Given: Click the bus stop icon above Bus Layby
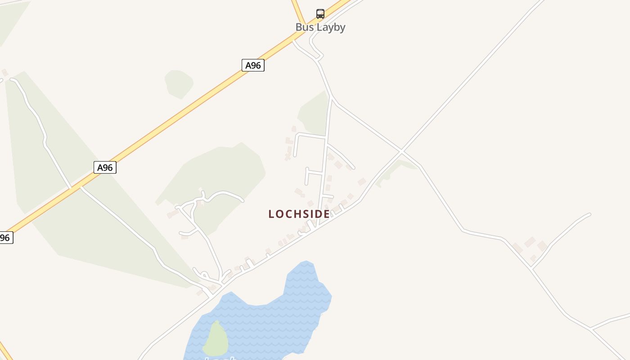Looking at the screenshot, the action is [320, 13].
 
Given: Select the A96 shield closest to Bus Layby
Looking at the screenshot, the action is [253, 65].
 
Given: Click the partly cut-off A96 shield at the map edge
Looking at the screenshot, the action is [5, 238].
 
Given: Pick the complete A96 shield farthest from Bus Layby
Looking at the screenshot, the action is [105, 167].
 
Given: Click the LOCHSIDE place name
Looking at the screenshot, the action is [299, 214].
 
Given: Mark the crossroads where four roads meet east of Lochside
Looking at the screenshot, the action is [401, 151].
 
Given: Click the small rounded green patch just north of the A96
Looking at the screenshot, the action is [179, 83].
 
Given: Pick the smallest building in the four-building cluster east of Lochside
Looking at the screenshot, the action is [533, 258].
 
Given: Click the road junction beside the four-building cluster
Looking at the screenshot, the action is [531, 268].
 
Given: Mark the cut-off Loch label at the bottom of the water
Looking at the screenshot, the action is [220, 358].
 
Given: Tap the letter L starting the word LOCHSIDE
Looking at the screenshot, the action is [271, 214].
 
